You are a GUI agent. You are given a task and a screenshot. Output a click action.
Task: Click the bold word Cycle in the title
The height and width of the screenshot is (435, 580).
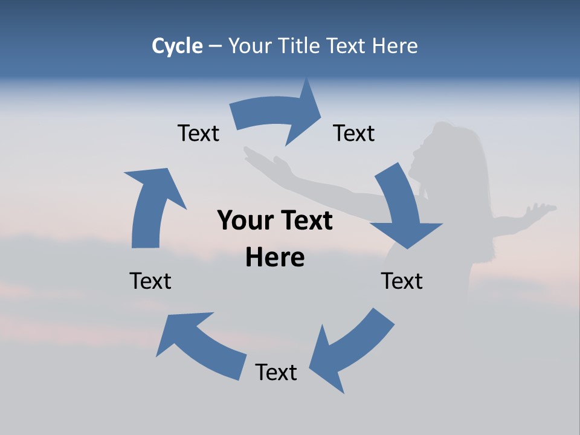[x=177, y=46]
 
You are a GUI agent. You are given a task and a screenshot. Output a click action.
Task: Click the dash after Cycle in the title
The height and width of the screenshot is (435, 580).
[x=215, y=46]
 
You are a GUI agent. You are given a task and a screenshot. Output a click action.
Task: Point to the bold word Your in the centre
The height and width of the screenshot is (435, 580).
[x=240, y=221]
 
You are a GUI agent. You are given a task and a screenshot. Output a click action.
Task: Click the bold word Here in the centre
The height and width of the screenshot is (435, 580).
[x=275, y=257]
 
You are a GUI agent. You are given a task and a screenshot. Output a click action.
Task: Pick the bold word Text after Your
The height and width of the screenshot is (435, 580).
[x=306, y=221]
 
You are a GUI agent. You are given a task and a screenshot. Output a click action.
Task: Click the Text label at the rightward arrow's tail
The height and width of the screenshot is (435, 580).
[x=198, y=133]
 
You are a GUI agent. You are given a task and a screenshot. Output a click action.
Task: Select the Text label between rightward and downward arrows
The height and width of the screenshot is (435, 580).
[x=354, y=133]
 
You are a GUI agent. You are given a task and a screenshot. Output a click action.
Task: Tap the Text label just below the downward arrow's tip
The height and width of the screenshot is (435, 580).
[x=402, y=281]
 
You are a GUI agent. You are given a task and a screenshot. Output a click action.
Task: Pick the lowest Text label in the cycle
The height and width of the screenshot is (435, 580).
[x=276, y=372]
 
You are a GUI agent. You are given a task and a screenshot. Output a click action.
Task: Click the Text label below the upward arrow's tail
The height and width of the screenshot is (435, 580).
[x=150, y=281]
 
